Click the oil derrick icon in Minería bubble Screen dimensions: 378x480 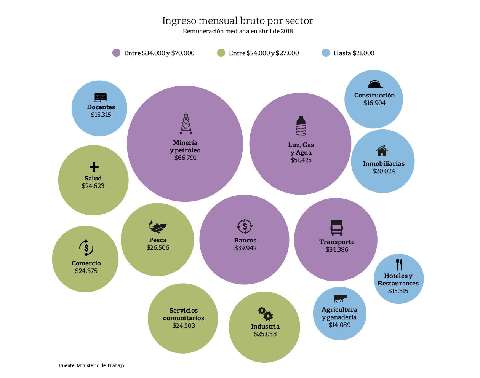186,123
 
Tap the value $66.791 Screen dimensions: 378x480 186,158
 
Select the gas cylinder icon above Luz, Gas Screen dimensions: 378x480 301,126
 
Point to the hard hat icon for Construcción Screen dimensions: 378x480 375,84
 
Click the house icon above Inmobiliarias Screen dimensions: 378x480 382,151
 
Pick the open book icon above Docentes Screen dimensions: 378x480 100,97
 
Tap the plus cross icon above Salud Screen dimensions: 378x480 94,167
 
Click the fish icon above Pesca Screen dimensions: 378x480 158,226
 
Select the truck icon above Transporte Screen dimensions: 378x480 337,228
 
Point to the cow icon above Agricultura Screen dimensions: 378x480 340,298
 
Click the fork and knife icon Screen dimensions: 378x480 399,264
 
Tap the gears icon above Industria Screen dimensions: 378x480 266,313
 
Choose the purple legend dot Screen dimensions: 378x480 116,53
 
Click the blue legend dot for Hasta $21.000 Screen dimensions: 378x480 326,53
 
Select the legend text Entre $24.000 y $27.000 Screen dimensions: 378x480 264,53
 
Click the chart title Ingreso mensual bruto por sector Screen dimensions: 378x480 238,21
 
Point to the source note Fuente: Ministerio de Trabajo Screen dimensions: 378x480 91,365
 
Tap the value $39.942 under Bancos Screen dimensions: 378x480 245,248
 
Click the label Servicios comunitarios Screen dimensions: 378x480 184,314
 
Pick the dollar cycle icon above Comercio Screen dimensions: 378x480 86,248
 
